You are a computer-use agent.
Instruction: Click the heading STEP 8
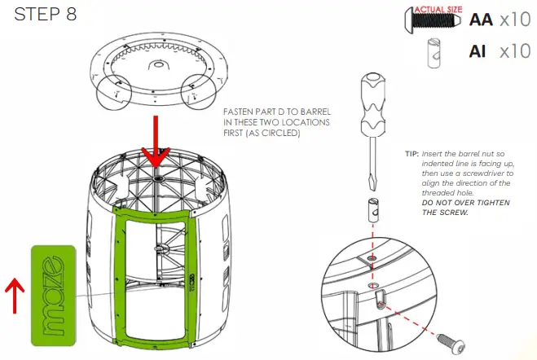(x=46, y=16)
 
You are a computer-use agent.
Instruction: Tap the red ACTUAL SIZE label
(x=437, y=9)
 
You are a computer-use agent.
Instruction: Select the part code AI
(x=478, y=51)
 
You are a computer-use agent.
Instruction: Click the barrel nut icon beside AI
(x=434, y=53)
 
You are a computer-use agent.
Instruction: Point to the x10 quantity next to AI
(x=515, y=51)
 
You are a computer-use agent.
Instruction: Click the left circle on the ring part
(x=115, y=99)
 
